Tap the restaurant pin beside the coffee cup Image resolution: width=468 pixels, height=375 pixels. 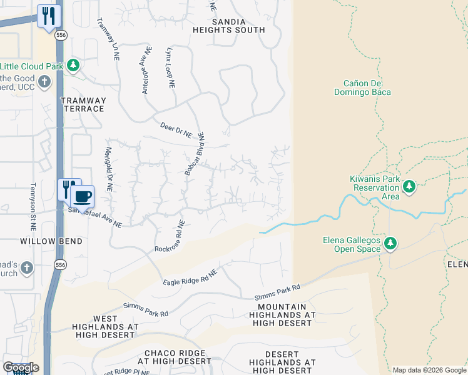[67, 188]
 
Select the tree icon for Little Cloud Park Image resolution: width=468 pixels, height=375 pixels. [73, 65]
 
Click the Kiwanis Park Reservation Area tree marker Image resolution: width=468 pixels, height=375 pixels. [409, 186]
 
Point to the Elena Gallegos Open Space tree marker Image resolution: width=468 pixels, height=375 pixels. [390, 242]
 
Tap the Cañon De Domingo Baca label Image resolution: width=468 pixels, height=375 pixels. [367, 87]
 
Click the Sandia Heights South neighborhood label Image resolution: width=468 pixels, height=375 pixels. [238, 26]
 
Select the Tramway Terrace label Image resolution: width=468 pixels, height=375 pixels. [83, 104]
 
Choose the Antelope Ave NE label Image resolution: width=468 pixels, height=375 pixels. [147, 70]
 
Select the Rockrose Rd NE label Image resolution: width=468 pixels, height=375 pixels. [170, 237]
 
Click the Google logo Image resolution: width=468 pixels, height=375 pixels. [21, 367]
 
